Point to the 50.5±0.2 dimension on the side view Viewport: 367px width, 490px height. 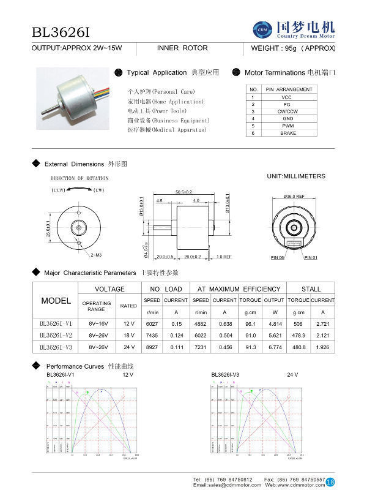(x=185, y=192)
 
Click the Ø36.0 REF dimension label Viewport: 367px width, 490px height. (x=294, y=196)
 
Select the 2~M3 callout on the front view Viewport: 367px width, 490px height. (x=96, y=254)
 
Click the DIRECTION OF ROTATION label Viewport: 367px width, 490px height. (x=80, y=178)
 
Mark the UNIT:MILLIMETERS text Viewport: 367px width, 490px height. (x=296, y=176)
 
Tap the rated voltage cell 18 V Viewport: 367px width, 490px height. (x=128, y=335)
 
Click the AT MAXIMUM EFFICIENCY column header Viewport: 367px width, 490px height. (x=239, y=288)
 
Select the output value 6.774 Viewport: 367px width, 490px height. (x=273, y=347)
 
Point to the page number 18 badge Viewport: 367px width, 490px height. (x=330, y=481)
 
